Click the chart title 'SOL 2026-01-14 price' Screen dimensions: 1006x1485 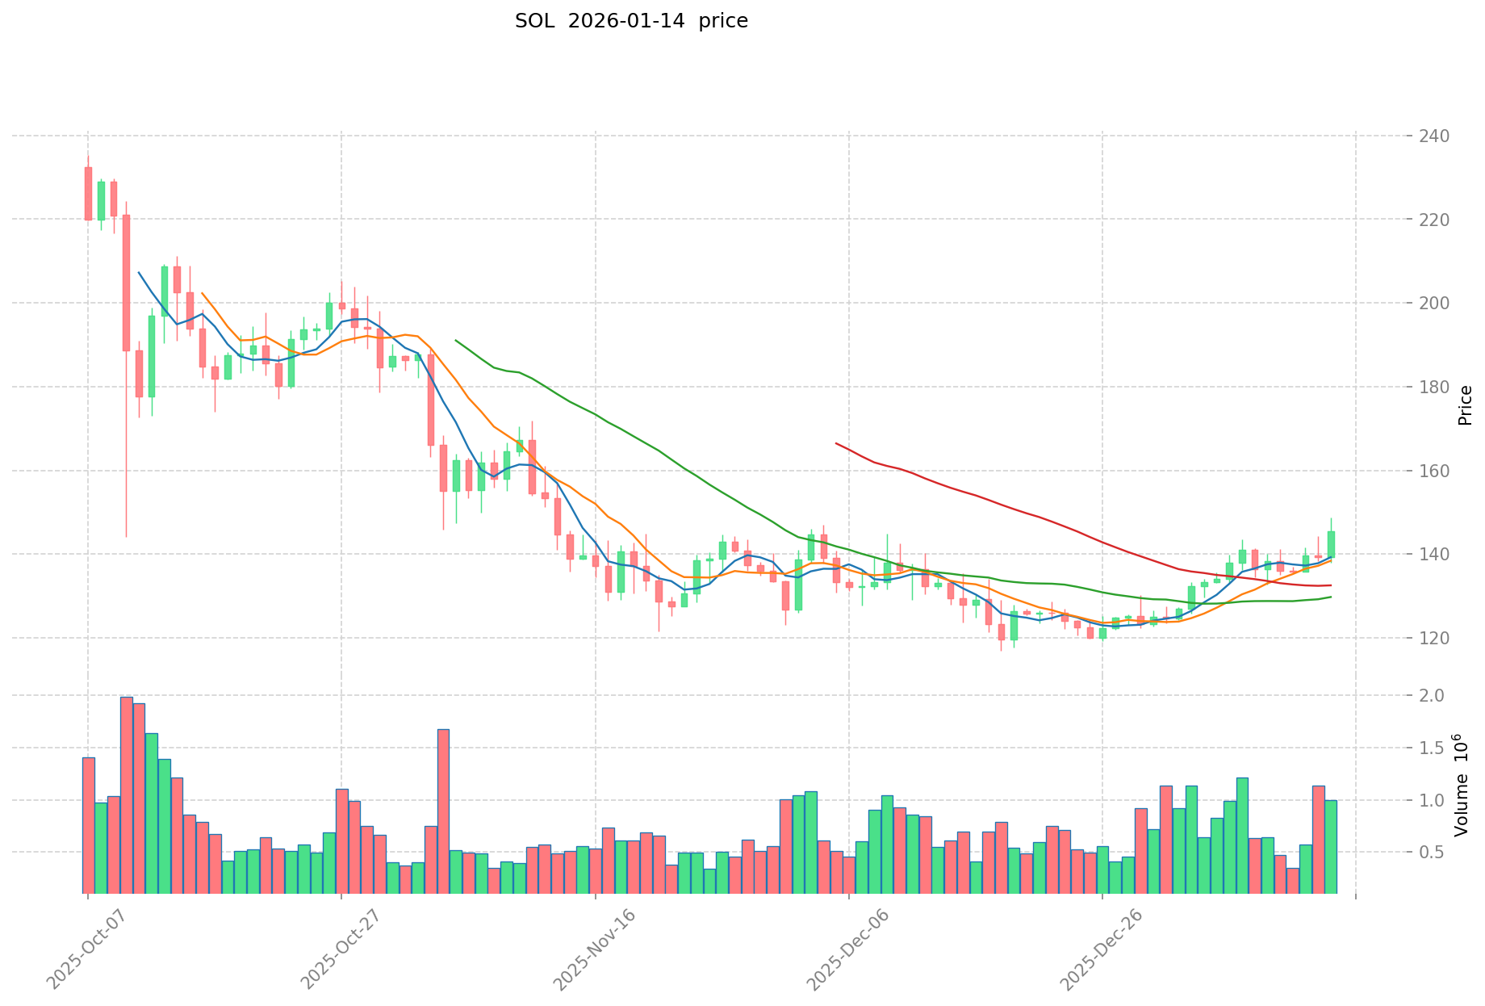point(631,21)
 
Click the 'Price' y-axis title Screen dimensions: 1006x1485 point(1464,405)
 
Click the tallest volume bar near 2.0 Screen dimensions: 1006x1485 point(126,795)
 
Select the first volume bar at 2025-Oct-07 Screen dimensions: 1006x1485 point(88,825)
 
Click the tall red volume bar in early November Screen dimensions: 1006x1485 point(443,811)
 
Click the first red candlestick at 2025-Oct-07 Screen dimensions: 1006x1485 point(88,193)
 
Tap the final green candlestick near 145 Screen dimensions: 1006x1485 point(1331,544)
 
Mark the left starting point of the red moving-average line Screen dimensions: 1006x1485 point(836,443)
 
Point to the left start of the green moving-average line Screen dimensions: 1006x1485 point(456,340)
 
